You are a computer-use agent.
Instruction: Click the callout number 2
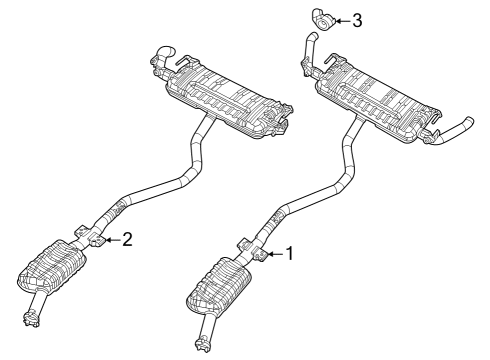(x=126, y=239)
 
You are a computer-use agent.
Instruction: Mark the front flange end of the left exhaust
(x=30, y=320)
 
